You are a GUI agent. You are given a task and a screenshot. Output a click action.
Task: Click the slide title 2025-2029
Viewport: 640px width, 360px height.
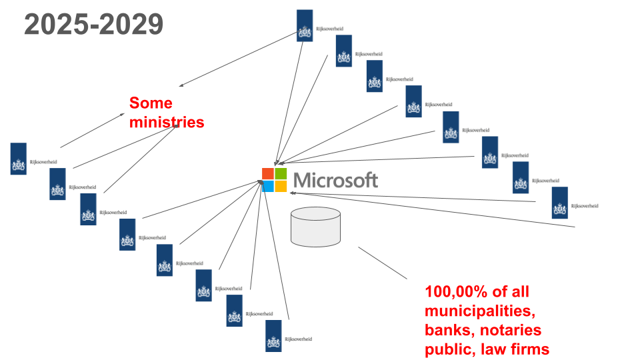coord(94,25)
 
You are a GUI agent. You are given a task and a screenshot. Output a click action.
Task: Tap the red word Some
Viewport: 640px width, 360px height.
coord(151,103)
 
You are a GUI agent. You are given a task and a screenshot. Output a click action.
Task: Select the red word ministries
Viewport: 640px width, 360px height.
coord(167,123)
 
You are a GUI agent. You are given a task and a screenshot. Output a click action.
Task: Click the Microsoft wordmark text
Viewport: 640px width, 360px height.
coord(335,180)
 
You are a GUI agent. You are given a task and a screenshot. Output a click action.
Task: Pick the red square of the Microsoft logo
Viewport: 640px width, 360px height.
coord(268,173)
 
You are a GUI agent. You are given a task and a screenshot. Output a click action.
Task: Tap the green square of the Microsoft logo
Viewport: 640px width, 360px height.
coord(281,173)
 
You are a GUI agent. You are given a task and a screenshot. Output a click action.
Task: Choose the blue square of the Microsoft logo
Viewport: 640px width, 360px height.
coord(268,186)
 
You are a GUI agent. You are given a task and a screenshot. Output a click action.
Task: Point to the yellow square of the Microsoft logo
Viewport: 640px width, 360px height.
coord(281,186)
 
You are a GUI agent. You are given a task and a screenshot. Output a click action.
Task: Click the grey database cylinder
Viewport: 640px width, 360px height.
coord(316,227)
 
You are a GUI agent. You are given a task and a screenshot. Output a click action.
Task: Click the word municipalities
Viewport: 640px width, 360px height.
coord(479,311)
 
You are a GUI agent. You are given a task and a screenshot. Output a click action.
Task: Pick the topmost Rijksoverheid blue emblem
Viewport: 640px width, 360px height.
coord(305,25)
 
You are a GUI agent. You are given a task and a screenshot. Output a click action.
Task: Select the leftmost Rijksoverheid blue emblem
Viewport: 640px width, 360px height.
coord(19,159)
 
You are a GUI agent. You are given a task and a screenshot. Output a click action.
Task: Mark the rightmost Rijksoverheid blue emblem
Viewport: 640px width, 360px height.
coord(560,203)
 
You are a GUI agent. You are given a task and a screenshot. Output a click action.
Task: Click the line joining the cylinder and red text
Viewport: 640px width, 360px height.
coord(383,263)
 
